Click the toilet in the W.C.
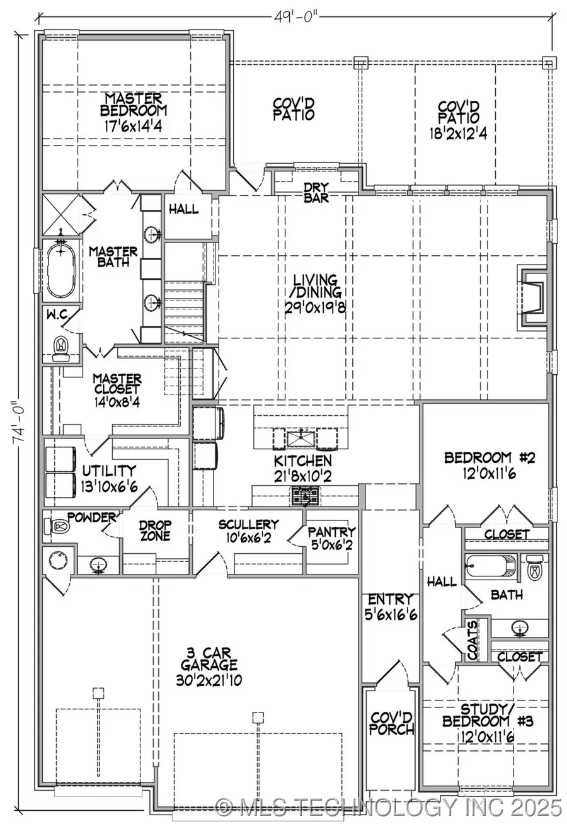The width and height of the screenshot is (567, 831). click(61, 347)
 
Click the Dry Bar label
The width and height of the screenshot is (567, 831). click(316, 192)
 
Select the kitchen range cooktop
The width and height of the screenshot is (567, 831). click(306, 496)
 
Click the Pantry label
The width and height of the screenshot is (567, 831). click(331, 532)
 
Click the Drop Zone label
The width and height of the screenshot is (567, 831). click(155, 530)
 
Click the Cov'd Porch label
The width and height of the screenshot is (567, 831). click(392, 723)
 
